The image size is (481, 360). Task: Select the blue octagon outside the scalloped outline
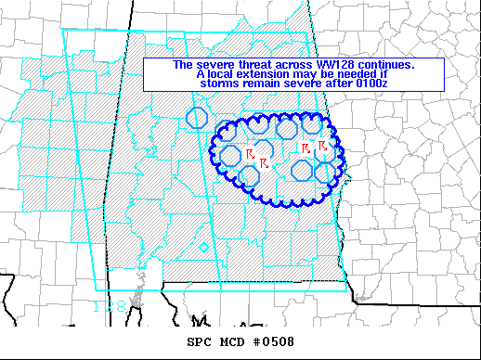(x=196, y=117)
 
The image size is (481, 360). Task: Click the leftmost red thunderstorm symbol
(x=249, y=152)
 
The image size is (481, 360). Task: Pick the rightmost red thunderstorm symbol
(x=322, y=146)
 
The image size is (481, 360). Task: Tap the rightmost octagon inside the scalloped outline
(x=325, y=172)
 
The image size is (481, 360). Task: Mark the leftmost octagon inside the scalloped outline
(x=229, y=155)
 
